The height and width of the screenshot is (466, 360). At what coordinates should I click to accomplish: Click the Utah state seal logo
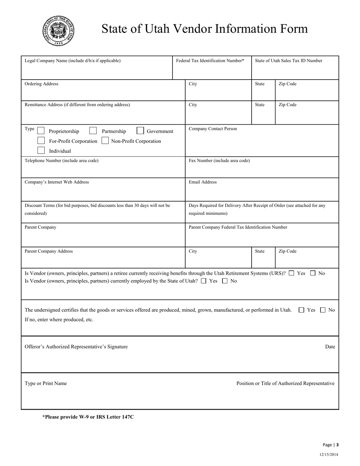58,31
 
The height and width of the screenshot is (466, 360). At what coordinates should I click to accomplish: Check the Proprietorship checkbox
41,131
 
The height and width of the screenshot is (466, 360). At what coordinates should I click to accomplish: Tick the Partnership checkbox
93,131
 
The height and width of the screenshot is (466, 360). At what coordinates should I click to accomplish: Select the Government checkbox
140,131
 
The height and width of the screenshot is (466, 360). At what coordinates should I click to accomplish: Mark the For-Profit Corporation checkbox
41,141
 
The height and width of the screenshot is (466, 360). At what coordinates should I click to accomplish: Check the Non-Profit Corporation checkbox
105,141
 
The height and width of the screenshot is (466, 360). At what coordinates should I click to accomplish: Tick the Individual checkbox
41,150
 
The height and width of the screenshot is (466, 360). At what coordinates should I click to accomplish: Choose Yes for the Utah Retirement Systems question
291,273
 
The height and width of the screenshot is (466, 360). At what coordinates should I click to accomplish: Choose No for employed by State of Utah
225,281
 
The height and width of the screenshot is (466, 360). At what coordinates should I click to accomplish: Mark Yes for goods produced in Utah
302,310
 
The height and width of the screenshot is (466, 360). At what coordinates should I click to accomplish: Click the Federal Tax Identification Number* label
210,61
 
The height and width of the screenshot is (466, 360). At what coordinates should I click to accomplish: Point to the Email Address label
203,182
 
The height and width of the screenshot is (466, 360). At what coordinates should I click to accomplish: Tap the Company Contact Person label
213,129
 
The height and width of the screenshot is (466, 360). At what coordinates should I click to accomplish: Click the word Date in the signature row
330,347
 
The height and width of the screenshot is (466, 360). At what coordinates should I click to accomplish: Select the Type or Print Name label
45,383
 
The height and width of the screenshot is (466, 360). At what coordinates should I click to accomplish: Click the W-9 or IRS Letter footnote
88,417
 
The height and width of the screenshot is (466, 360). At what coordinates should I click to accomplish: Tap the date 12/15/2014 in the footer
329,455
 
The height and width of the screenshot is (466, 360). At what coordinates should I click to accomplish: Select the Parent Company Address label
49,251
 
